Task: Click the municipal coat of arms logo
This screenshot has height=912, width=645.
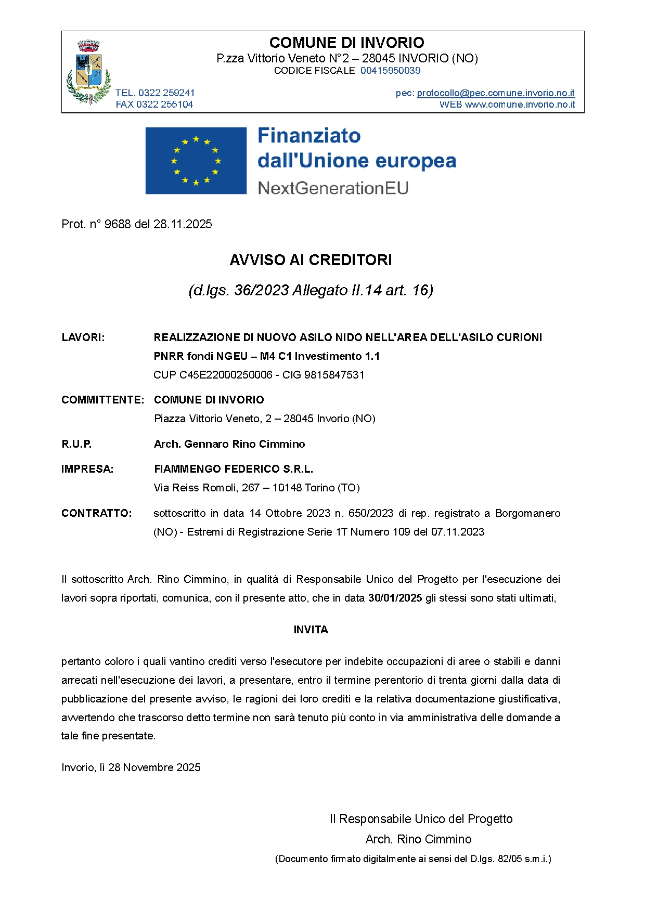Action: click(x=89, y=72)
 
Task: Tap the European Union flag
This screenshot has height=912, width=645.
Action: click(x=196, y=161)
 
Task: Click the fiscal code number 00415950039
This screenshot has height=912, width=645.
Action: click(x=390, y=71)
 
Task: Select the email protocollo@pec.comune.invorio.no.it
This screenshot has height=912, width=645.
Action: click(x=496, y=93)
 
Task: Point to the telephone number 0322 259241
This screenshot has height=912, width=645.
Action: click(x=166, y=93)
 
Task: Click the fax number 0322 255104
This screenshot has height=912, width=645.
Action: click(x=164, y=105)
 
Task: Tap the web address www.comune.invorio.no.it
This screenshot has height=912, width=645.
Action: click(x=520, y=105)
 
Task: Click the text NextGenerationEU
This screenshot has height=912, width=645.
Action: click(x=333, y=188)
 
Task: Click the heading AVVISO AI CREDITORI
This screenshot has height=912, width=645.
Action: click(x=311, y=260)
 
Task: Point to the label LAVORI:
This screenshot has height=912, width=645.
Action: click(x=83, y=337)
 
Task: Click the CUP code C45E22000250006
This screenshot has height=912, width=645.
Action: click(x=226, y=375)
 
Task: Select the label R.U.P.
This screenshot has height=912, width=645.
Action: click(x=76, y=444)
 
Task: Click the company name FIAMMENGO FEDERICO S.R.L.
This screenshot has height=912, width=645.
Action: click(x=234, y=469)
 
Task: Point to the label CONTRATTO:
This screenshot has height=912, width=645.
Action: click(x=97, y=513)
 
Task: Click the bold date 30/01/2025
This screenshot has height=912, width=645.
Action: click(x=395, y=598)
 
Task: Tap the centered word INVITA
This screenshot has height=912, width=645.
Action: click(x=311, y=630)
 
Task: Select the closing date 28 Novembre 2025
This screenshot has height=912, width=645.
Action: click(x=154, y=767)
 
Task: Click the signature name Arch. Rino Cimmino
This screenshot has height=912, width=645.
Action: click(x=418, y=839)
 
